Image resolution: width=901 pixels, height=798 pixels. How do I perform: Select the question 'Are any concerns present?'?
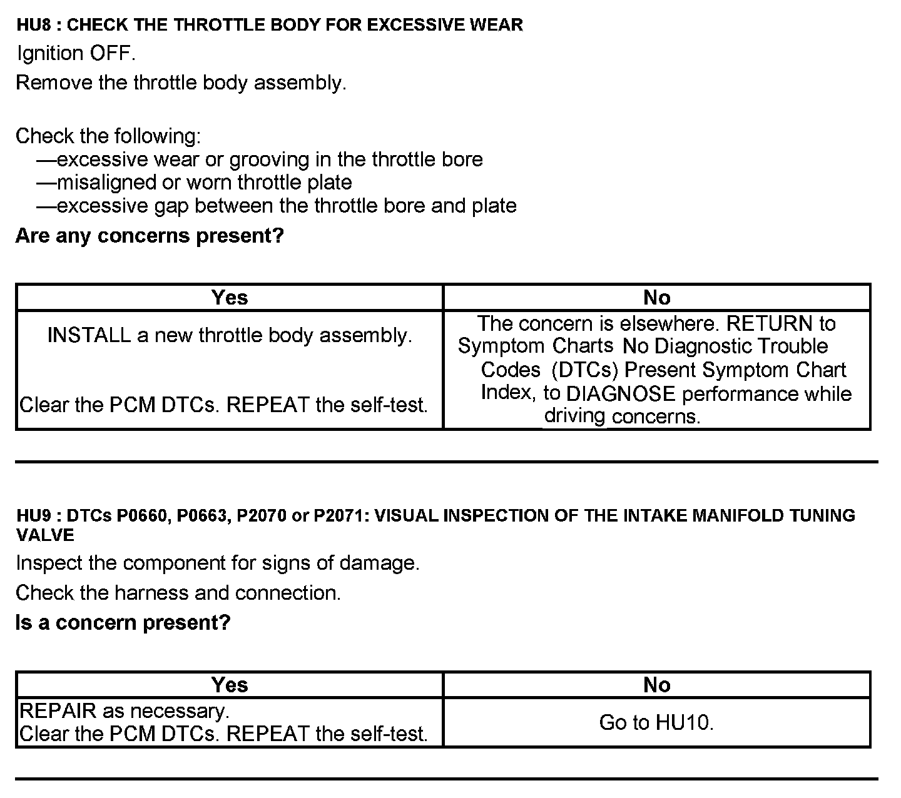click(150, 236)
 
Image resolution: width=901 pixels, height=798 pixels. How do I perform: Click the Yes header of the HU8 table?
click(230, 298)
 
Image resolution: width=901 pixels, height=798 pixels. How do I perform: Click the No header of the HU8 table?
click(656, 298)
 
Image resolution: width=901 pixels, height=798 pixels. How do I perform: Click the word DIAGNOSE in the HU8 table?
click(620, 394)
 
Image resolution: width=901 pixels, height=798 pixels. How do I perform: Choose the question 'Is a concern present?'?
click(123, 623)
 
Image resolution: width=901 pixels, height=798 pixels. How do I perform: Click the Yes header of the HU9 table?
click(230, 685)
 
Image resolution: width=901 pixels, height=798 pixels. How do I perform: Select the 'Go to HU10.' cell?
click(656, 723)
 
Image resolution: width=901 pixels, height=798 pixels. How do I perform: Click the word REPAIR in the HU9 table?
click(58, 711)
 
